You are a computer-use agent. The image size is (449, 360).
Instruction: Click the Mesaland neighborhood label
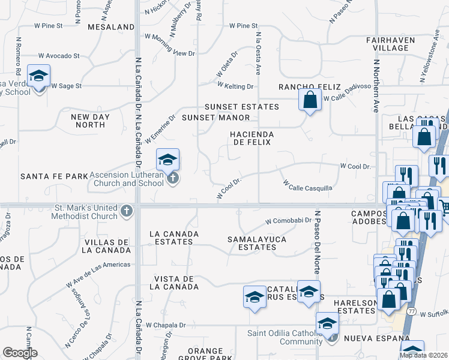click(x=111, y=27)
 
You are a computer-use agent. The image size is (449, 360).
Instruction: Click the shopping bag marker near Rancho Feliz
click(x=310, y=100)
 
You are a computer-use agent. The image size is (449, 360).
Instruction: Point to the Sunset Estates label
click(x=242, y=107)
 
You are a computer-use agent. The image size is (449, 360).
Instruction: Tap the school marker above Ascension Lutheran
click(x=167, y=160)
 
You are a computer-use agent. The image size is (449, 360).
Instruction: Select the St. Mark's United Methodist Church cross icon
click(x=126, y=211)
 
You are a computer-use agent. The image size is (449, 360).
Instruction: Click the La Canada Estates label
click(x=172, y=238)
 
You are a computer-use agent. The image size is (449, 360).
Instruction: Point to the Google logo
click(x=20, y=353)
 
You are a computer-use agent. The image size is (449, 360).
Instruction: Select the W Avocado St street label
click(x=59, y=56)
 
